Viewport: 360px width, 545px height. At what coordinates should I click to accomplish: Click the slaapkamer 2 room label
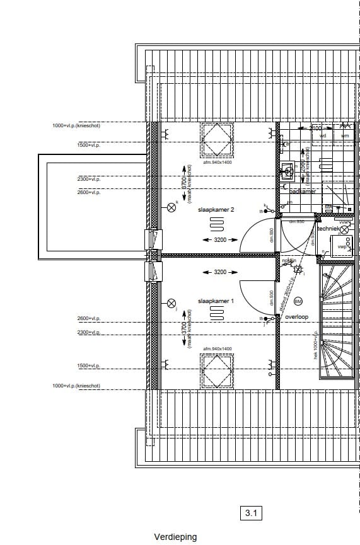[216, 209]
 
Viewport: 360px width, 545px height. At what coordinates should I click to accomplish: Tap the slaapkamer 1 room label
[216, 301]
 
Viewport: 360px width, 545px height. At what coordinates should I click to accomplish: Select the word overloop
[296, 318]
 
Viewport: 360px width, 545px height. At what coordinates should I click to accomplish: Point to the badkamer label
[302, 191]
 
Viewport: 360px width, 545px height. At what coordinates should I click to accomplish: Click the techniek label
[327, 229]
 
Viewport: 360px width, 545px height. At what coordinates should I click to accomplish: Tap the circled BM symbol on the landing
[298, 301]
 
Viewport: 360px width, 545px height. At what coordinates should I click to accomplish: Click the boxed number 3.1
[252, 513]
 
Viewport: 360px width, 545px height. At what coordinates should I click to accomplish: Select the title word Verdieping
[175, 537]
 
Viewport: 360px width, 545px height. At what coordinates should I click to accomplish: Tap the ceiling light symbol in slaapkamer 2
[171, 207]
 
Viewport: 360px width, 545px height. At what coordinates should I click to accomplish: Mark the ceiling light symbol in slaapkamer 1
[171, 303]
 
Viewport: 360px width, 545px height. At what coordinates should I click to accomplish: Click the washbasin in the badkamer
[287, 170]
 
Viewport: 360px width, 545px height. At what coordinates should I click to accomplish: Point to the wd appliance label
[323, 135]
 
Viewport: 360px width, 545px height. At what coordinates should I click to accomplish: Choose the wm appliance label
[344, 135]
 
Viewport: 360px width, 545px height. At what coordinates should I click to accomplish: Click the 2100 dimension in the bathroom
[316, 128]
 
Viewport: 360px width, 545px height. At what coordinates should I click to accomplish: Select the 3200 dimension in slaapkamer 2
[219, 240]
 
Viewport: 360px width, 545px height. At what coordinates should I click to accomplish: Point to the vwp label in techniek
[341, 246]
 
